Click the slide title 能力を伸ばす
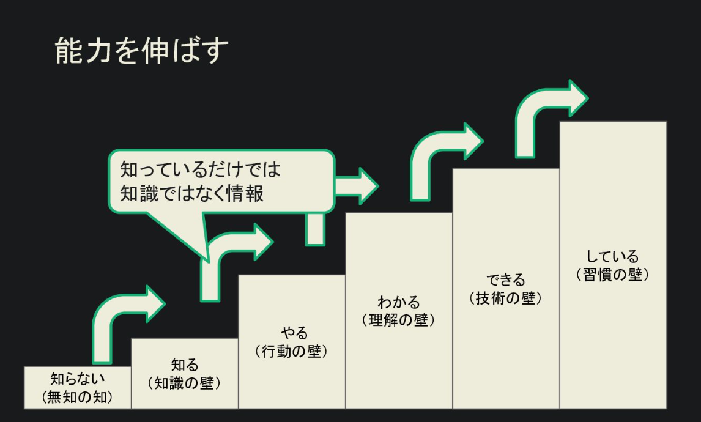point(141,51)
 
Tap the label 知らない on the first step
point(78,379)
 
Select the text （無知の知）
point(78,396)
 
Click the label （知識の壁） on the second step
point(185,383)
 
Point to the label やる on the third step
point(294,333)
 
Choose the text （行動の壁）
point(292,352)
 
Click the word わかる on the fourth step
point(399,302)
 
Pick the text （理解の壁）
point(399,320)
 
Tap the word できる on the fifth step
point(506,280)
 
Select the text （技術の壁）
point(506,298)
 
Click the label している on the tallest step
point(612,257)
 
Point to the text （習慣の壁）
point(613,275)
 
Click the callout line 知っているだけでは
point(200,169)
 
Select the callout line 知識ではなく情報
point(192,193)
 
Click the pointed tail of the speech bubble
point(207,258)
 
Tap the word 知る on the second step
point(185,365)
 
